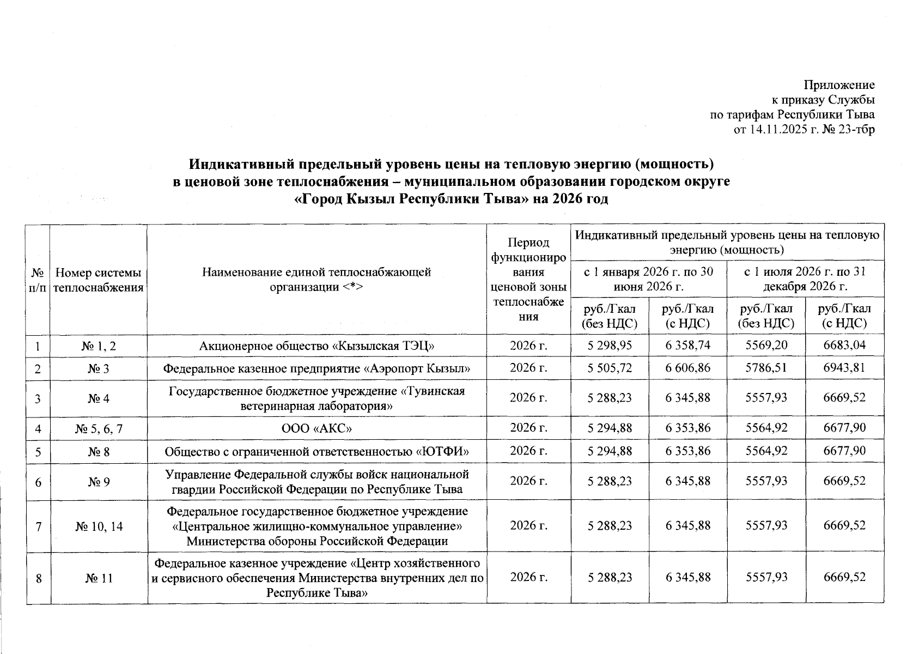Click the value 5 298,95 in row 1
tap(610, 345)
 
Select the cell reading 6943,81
tap(844, 368)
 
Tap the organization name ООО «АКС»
tap(317, 428)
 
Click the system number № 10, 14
tap(99, 526)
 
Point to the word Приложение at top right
tap(839, 85)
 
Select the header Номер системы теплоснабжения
tap(99, 280)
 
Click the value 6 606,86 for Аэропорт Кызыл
tap(687, 368)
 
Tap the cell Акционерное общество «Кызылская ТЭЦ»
tap(317, 345)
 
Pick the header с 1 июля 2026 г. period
tap(805, 278)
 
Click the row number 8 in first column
tap(39, 578)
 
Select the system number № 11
tap(99, 578)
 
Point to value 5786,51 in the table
tap(766, 368)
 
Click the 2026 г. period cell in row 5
tap(528, 451)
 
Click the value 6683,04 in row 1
tap(844, 345)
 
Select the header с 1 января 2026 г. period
tap(648, 278)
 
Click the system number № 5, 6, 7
tap(99, 428)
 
